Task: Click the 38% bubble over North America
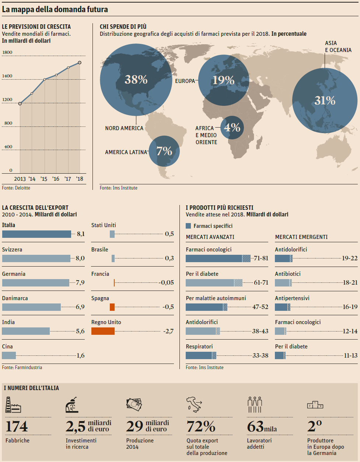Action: coord(136,79)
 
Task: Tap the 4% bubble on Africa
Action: coord(232,127)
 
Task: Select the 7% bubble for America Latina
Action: coord(164,151)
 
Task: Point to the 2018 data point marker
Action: coord(80,63)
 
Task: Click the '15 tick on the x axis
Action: coord(44,179)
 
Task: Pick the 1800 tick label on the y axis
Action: coord(7,52)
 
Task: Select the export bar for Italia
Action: coord(36,234)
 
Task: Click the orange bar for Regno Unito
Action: coord(103,331)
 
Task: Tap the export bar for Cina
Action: coord(9,355)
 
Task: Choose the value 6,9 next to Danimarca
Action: coord(80,307)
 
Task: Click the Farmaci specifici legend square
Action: coord(188,226)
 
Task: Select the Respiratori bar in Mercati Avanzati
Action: coord(201,355)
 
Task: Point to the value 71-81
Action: coord(261,258)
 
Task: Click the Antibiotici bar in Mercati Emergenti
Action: coord(283,283)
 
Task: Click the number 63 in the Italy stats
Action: coord(255,427)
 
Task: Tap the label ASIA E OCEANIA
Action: coord(338,46)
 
